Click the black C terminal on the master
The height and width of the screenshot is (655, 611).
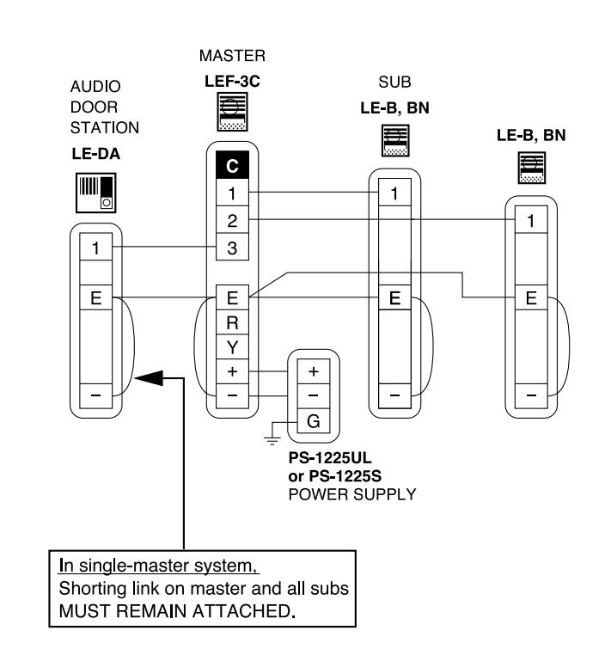coord(232,165)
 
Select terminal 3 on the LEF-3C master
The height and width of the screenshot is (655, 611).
coord(232,248)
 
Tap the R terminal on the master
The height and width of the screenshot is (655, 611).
coord(232,322)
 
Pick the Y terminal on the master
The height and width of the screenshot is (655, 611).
coord(232,347)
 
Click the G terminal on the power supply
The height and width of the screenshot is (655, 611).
coord(313,421)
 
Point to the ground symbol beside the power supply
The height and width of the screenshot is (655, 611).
coord(272,438)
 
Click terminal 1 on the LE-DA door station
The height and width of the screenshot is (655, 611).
coord(96,248)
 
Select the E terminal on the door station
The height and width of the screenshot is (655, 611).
coord(96,297)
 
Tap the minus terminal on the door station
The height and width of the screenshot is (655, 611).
coord(96,395)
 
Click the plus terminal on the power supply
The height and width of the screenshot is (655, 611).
coord(313,371)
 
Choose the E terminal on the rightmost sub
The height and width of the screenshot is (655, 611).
coord(531,297)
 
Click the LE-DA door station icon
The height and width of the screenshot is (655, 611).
coord(95,193)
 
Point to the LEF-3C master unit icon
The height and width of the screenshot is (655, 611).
coord(232,112)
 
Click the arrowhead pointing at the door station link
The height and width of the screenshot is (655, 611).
coord(149,378)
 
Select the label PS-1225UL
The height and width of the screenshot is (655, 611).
coord(329,458)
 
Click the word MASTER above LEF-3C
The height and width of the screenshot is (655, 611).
coord(232,56)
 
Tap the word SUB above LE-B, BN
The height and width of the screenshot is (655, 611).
coord(394,82)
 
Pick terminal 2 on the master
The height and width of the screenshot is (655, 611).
coord(232,220)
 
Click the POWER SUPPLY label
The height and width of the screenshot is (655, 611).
coord(352,494)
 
